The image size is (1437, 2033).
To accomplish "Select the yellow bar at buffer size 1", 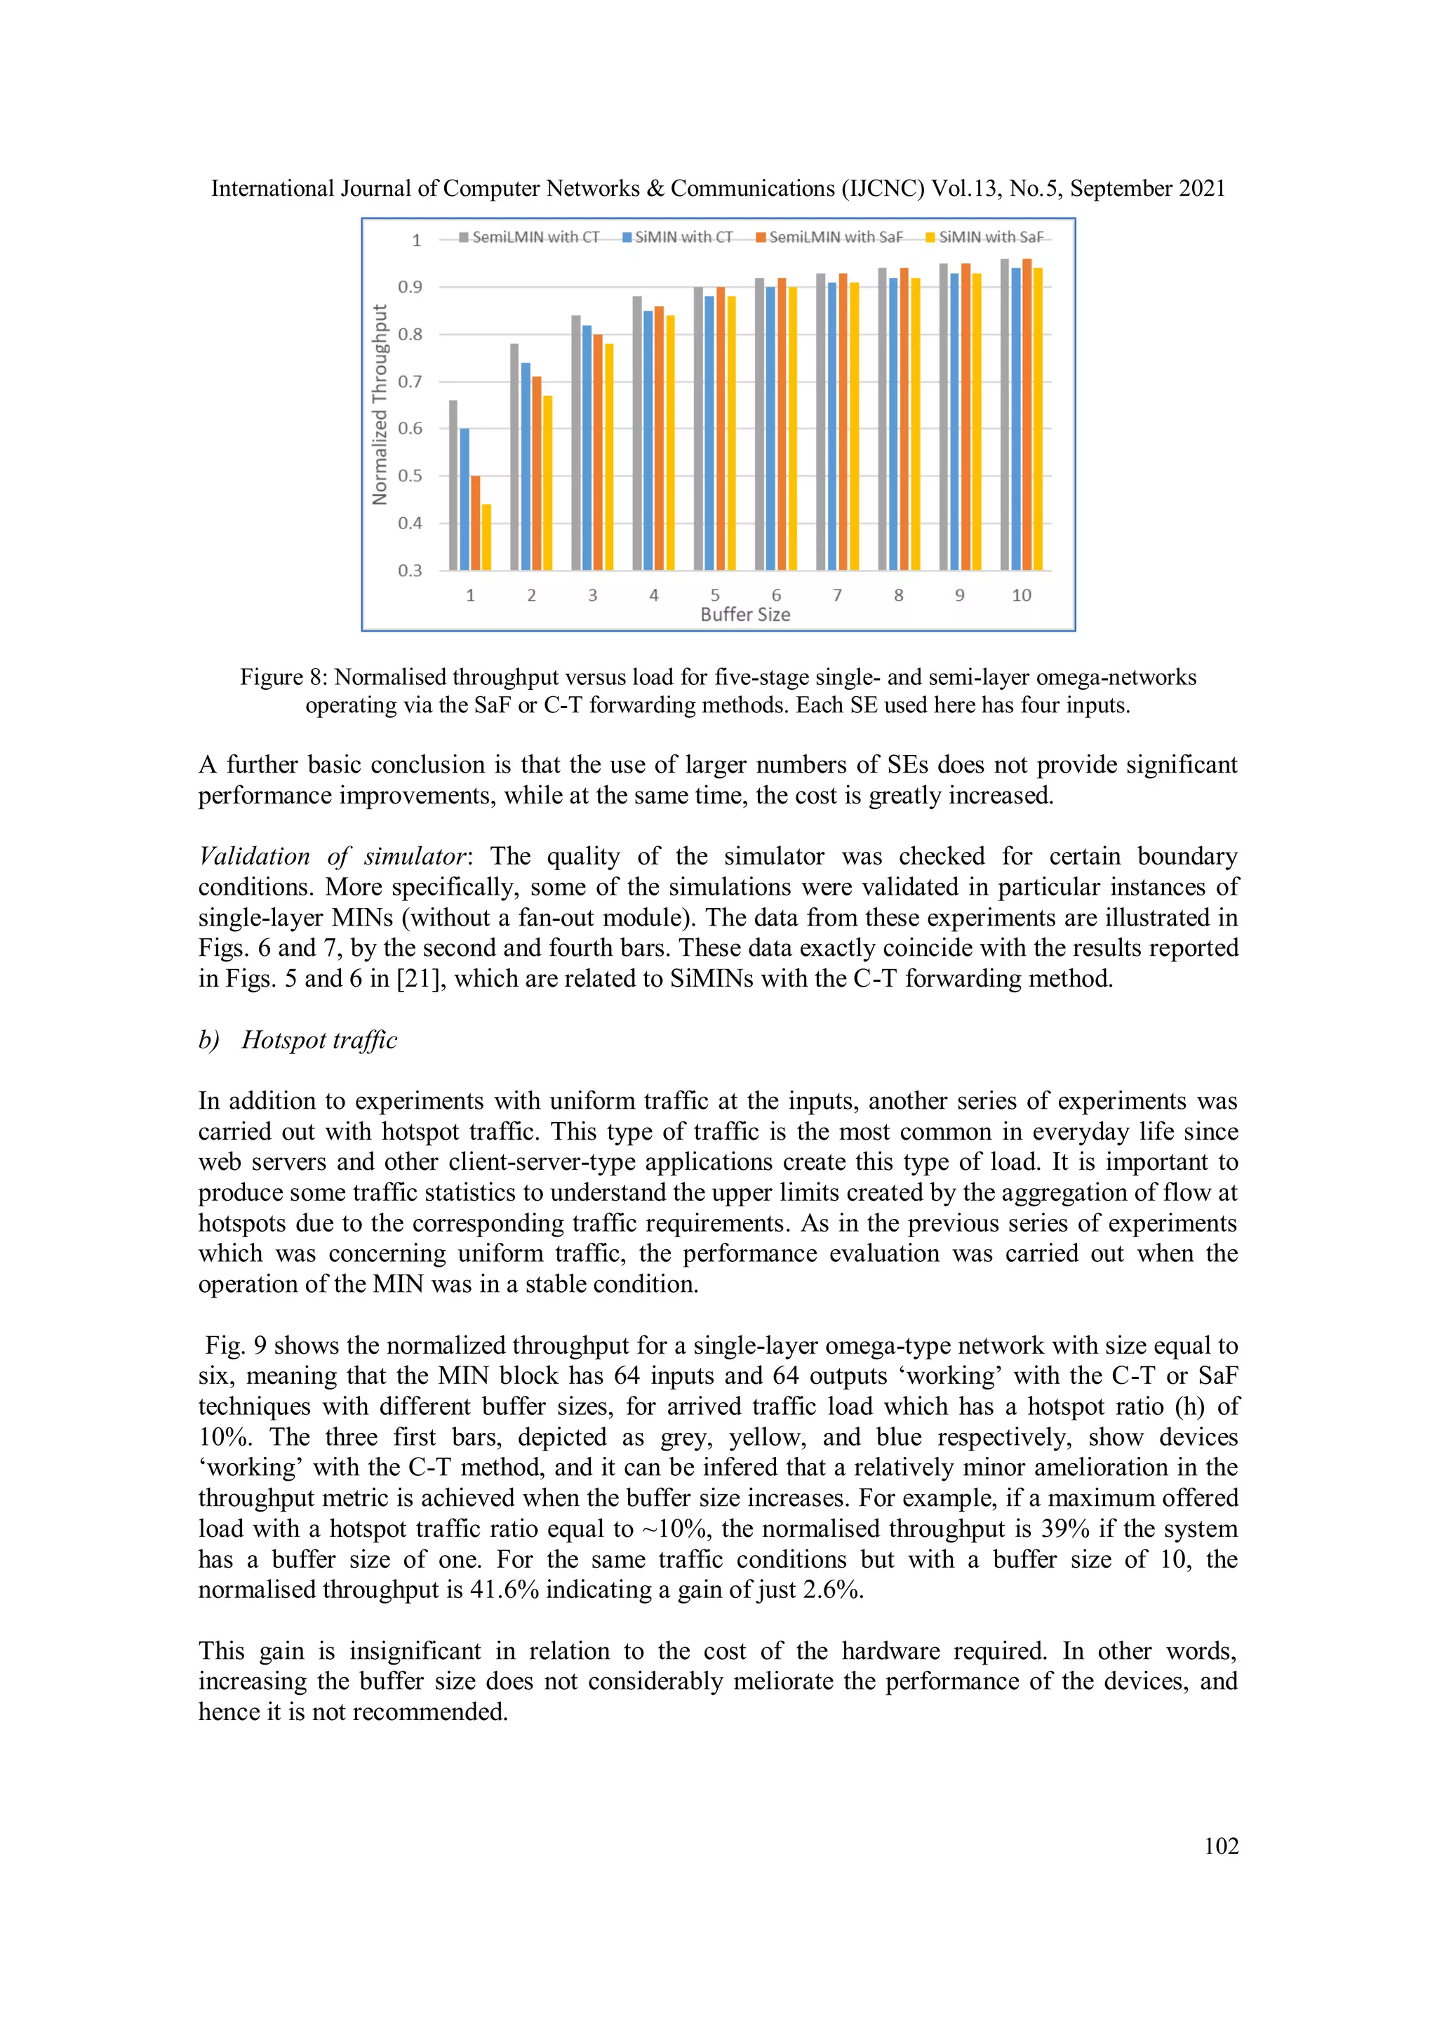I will point(486,537).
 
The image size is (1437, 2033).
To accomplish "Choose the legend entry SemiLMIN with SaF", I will point(829,237).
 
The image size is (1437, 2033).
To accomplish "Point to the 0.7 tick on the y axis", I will point(410,382).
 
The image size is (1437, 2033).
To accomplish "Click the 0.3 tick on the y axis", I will point(410,571).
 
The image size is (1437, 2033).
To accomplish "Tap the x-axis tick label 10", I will point(1021,595).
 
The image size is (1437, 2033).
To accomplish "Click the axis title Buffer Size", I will point(744,615).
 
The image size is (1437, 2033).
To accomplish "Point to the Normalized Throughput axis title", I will point(380,405).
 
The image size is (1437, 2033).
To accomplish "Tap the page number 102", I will point(1221,1846).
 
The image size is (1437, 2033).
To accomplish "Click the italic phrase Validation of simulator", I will point(332,856).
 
